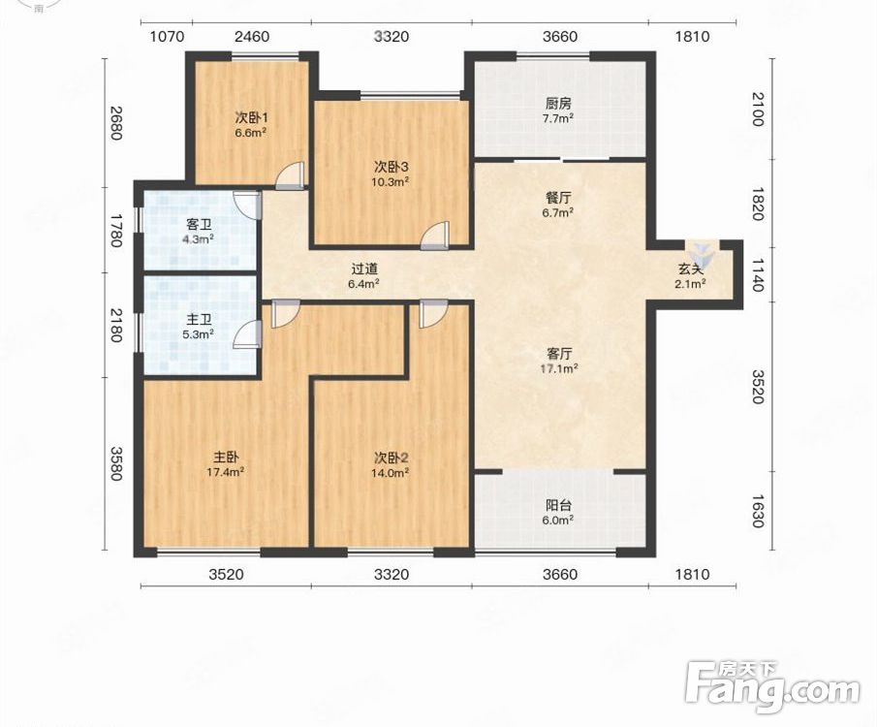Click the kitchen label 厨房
coord(558,104)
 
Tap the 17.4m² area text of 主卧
coord(226,472)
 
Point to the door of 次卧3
coord(435,236)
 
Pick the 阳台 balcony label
coord(559,505)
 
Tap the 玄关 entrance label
coord(690,269)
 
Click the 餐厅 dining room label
coord(558,198)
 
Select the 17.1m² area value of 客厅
coord(559,368)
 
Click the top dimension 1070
coord(168,37)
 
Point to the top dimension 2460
coord(252,37)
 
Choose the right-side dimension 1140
coord(757,274)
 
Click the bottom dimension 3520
coord(226,574)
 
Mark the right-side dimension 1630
coord(757,511)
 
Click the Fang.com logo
coord(772,686)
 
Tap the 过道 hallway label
coord(364,269)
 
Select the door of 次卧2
coord(433,313)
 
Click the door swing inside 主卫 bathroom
coord(247,334)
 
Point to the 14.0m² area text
coord(390,472)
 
